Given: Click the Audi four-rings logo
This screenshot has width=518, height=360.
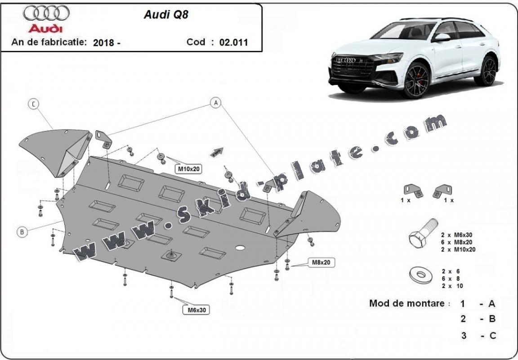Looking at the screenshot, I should pos(46,14).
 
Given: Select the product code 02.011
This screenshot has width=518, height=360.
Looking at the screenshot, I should pos(233,43).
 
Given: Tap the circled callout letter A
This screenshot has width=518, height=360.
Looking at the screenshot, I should pos(216,103).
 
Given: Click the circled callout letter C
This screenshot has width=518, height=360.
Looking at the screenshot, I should pos(33,104).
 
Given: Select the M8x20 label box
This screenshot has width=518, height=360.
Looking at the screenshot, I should pos(322,262).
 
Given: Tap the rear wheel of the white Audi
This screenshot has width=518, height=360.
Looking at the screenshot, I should pos(487,71).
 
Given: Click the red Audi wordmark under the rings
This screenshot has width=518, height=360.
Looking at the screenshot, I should pos(46,28).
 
